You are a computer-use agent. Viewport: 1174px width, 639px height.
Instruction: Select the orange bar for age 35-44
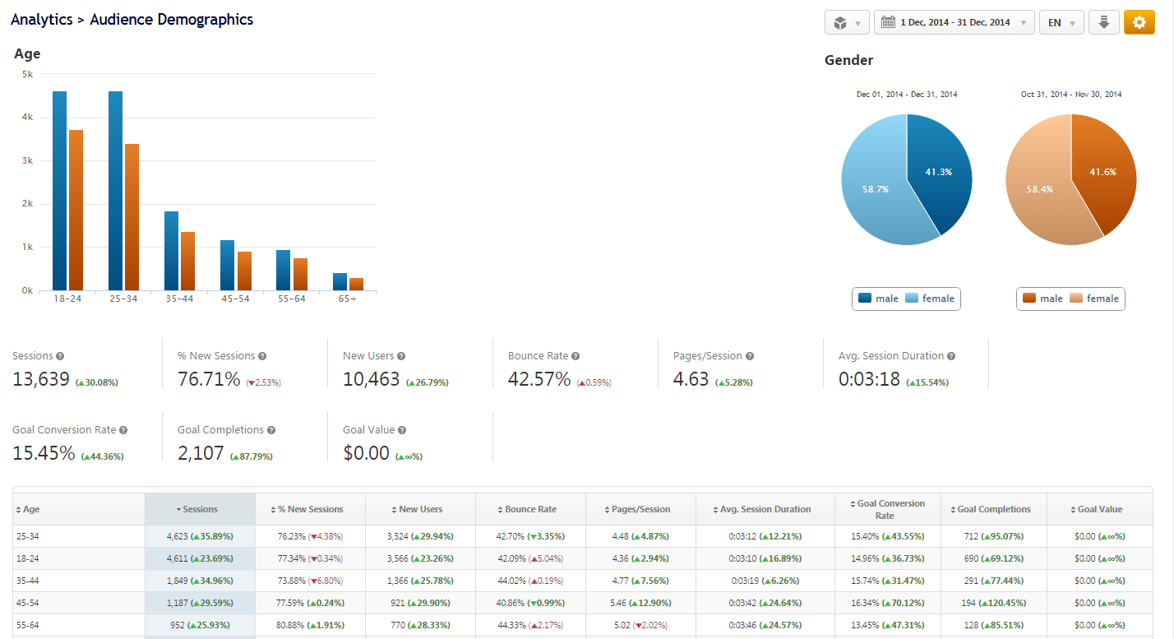[187, 261]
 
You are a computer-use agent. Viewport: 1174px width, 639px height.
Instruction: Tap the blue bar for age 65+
[339, 281]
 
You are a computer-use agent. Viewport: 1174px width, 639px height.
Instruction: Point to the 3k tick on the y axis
[27, 160]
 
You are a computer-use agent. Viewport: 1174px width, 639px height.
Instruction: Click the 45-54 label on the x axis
[235, 299]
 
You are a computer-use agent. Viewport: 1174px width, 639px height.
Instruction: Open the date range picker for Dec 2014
[954, 22]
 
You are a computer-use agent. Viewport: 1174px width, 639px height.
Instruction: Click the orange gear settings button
[1139, 22]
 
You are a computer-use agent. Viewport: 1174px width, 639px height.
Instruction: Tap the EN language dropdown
[1061, 22]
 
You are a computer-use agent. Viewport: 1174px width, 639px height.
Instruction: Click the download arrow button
[1103, 22]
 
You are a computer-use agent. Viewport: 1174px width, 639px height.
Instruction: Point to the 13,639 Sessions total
[41, 379]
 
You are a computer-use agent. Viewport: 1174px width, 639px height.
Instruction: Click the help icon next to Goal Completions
[271, 430]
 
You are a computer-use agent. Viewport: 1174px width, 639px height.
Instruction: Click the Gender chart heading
[848, 60]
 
